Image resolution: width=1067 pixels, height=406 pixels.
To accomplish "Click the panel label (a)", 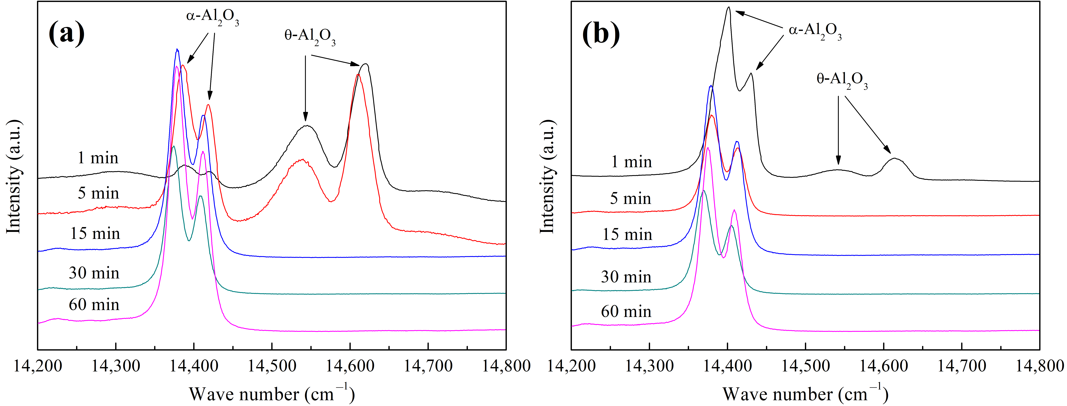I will click(x=66, y=33).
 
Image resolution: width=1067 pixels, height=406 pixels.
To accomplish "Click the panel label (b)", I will click(x=601, y=33).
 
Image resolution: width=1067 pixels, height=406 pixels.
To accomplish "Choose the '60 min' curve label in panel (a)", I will click(x=94, y=305).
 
